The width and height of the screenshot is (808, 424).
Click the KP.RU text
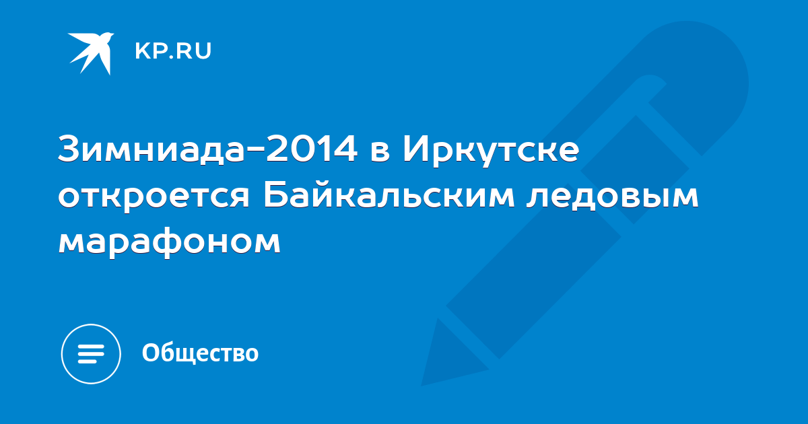[173, 51]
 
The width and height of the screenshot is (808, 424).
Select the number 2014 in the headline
[312, 149]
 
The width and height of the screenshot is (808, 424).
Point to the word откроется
[154, 197]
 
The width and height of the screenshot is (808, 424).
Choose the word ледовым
[612, 197]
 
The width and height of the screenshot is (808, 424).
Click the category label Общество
[200, 353]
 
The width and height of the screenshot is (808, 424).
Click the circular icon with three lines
[91, 354]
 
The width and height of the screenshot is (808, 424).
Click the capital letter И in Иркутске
[415, 149]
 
